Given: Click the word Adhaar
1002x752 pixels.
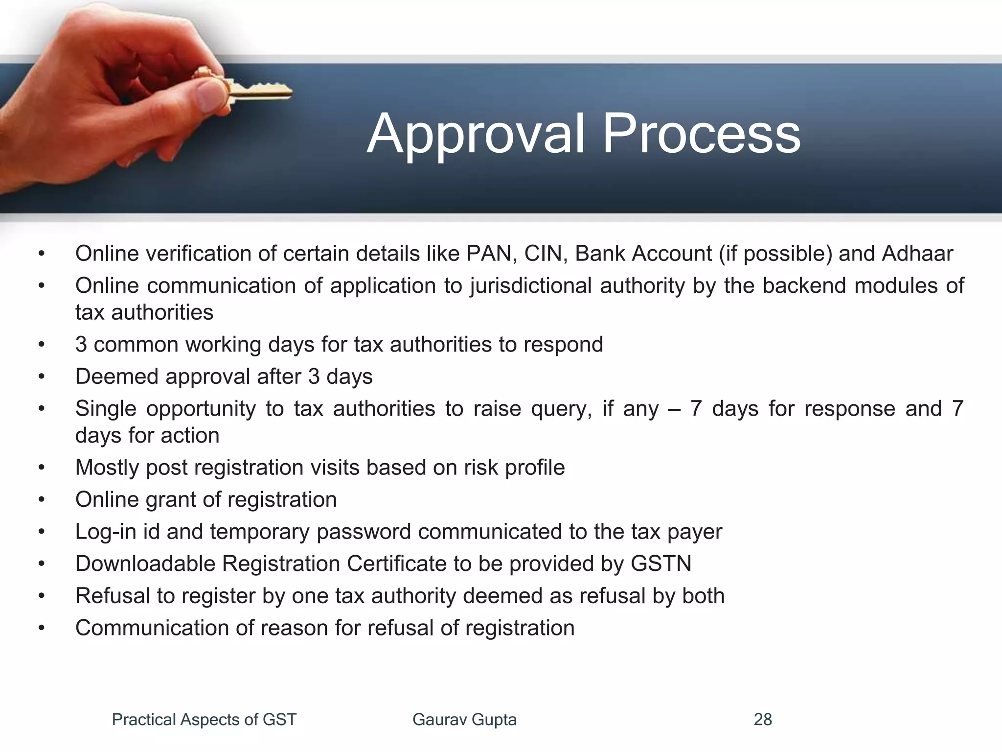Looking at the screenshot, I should [x=917, y=254].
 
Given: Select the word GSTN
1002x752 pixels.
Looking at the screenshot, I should [x=661, y=564].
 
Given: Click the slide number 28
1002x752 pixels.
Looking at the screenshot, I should [x=763, y=720].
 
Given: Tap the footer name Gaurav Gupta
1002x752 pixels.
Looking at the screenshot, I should [x=464, y=720].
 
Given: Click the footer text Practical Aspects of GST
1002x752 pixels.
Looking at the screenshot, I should [x=204, y=720].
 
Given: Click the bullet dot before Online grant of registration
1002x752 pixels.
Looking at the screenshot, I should [x=42, y=500].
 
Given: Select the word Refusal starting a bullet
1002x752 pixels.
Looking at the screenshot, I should [x=113, y=596].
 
